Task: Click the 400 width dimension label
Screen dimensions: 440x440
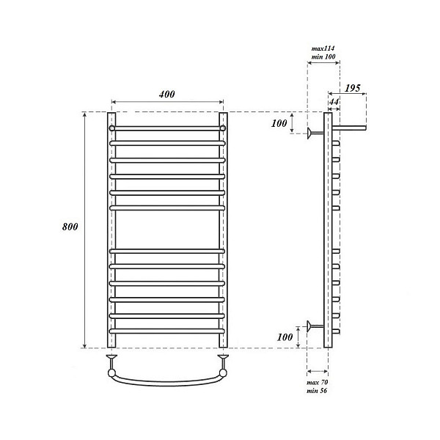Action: pos(167,94)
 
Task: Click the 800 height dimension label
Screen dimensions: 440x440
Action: pos(70,227)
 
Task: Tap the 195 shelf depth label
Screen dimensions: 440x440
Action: pos(353,88)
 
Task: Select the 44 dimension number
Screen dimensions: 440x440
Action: pos(334,102)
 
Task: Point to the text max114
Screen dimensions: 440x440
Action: pos(323,48)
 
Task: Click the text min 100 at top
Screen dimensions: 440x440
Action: pos(323,56)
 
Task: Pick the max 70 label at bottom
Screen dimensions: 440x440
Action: pos(318,382)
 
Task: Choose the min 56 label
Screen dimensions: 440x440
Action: pos(317,391)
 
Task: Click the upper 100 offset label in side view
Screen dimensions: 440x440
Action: pos(279,123)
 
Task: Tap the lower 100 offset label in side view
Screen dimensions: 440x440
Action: pos(285,337)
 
